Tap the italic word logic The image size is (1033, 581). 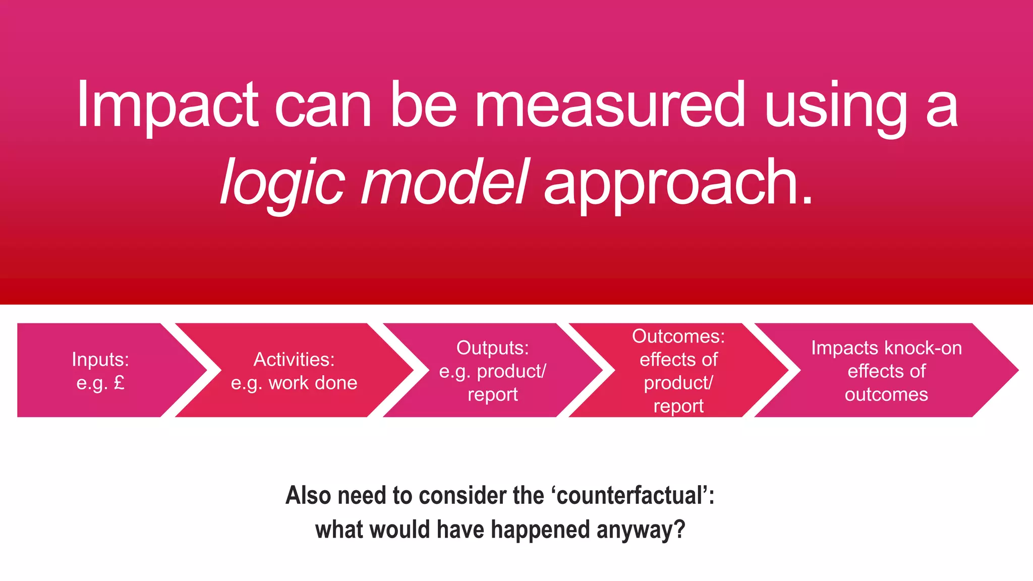coord(282,183)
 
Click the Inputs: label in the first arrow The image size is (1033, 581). coord(100,360)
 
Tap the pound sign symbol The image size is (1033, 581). coord(119,383)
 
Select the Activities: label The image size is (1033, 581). coord(294,360)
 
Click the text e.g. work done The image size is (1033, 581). coord(294,383)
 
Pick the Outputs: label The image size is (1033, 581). coord(492,348)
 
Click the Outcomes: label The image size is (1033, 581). coord(678,336)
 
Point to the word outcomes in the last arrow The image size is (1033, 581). coord(886,394)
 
